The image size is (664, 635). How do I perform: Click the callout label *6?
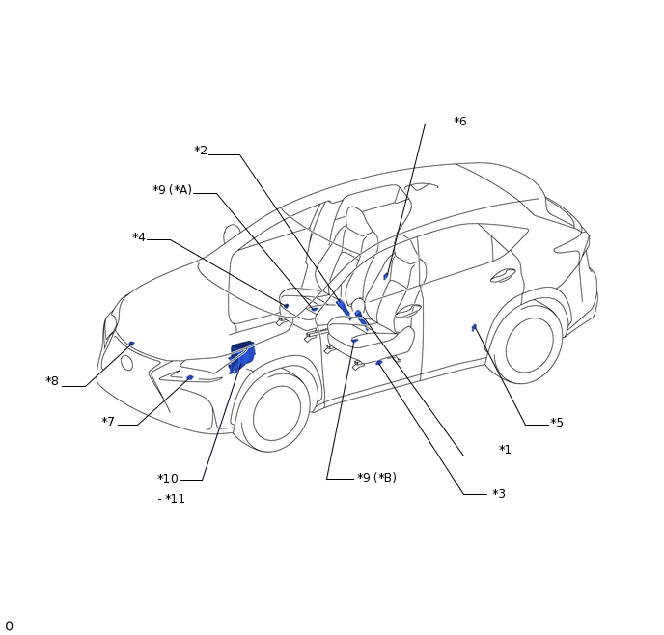tap(460, 122)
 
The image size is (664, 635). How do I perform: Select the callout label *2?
tap(201, 151)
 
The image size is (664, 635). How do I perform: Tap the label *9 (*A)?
tap(173, 190)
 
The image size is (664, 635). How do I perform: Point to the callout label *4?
tap(139, 237)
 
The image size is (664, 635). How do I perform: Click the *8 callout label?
tap(52, 381)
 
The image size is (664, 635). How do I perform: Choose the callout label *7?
tap(108, 422)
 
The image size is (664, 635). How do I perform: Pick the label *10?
tap(168, 479)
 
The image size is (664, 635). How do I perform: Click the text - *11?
tap(171, 499)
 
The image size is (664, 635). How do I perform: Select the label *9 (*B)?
tap(377, 477)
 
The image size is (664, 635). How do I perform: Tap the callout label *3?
tap(499, 493)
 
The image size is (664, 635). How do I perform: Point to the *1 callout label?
tap(505, 449)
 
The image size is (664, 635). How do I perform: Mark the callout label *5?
tap(557, 423)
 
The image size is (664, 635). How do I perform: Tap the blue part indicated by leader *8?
tap(131, 344)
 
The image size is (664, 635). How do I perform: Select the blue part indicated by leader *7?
tap(190, 377)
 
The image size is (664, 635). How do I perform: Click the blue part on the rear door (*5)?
tap(474, 327)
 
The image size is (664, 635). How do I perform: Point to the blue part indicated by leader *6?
tap(386, 276)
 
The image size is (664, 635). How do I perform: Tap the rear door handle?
tap(503, 276)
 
